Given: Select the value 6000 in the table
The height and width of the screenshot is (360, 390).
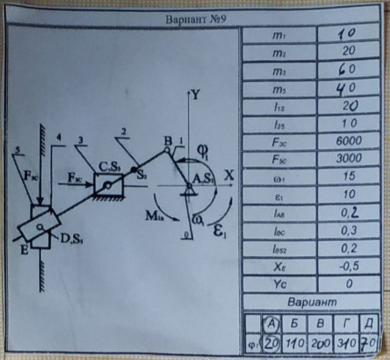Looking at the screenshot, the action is point(348,141).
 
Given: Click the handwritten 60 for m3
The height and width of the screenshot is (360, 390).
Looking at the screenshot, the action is point(348,68).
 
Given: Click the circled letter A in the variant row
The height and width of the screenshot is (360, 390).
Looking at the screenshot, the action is point(273,324).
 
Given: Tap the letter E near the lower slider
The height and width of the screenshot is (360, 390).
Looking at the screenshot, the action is point(23,250).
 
